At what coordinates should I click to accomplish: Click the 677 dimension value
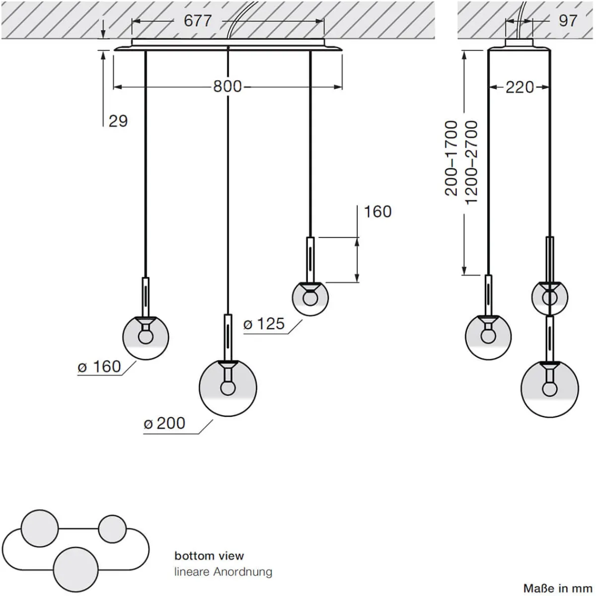point(198,21)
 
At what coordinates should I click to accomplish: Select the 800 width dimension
point(227,86)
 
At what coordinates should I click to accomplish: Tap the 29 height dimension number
point(118,121)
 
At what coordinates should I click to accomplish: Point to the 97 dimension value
point(568,20)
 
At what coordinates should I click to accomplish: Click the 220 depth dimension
point(520,87)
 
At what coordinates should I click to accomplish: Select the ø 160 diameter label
point(99,367)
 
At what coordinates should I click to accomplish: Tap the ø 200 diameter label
point(164,423)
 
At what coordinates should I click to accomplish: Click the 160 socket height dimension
point(377,212)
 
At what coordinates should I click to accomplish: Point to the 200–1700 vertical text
point(451,158)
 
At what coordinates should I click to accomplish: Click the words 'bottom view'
point(209,555)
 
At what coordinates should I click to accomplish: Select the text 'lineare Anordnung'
point(223,571)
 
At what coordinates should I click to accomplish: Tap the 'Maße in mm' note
point(558,587)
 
